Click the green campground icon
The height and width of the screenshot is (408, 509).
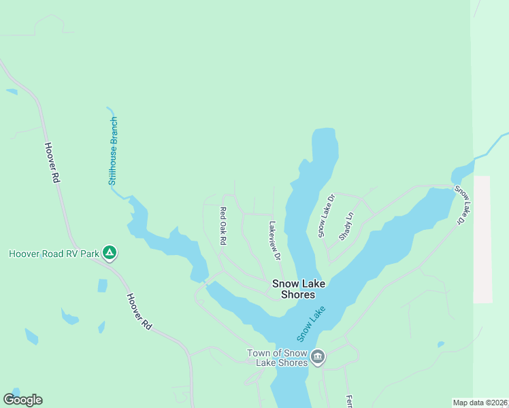click(x=110, y=254)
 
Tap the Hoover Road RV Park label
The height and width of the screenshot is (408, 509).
click(x=54, y=254)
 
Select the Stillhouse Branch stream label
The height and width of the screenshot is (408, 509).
click(x=114, y=151)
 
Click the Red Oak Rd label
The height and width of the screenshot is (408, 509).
click(x=223, y=226)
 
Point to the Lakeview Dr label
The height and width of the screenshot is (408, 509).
click(x=274, y=241)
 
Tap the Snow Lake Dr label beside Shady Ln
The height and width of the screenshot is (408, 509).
click(x=327, y=216)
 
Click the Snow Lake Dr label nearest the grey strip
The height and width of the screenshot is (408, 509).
click(x=462, y=205)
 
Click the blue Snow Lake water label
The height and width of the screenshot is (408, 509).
click(x=312, y=324)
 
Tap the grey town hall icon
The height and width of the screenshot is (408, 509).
click(x=318, y=357)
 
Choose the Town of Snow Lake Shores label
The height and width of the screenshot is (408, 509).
click(x=279, y=357)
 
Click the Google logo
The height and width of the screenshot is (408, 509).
click(x=22, y=400)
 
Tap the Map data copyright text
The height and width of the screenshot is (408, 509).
click(x=480, y=402)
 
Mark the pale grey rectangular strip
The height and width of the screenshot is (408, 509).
click(x=482, y=238)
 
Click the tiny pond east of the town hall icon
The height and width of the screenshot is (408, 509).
click(x=441, y=344)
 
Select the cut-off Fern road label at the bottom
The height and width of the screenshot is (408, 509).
click(x=348, y=401)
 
